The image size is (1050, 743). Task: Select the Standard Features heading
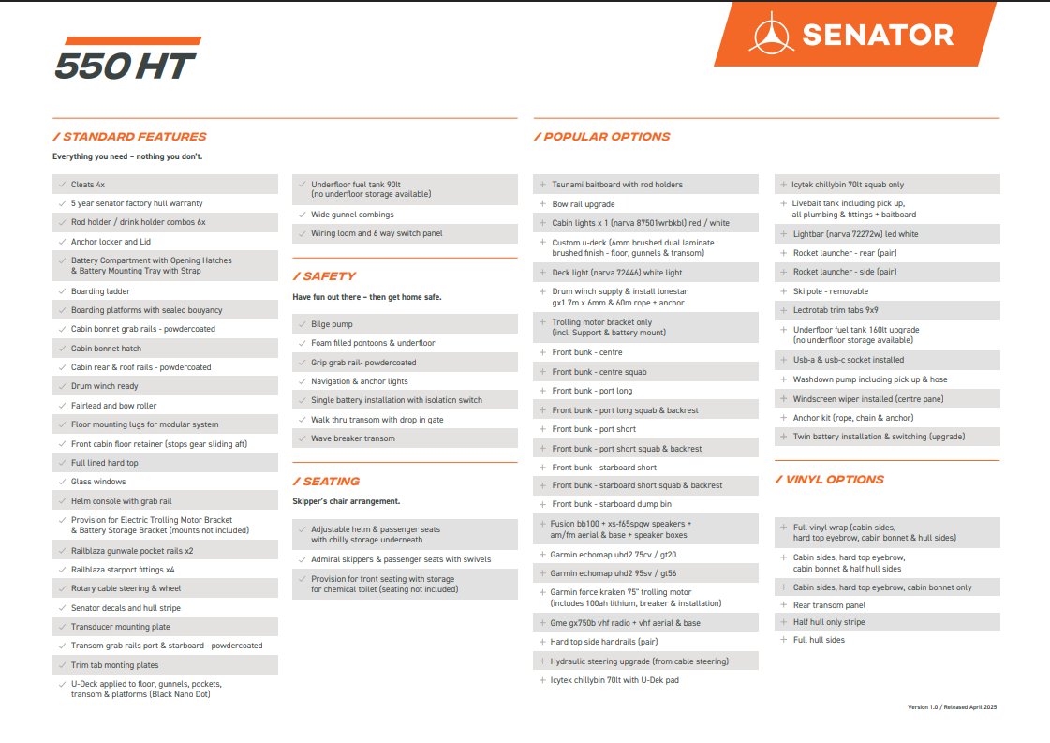pos(130,137)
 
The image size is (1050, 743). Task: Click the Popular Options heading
pos(602,137)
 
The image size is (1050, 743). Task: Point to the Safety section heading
pos(324,276)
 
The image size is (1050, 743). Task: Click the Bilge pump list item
pos(332,324)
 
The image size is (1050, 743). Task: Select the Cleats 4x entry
pos(88,185)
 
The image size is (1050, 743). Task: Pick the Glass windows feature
pos(98,482)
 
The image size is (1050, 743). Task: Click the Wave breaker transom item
pos(353,438)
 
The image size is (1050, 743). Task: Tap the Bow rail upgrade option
pos(584,204)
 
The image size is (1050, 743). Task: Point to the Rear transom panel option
pos(829,605)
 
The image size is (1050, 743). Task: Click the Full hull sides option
pos(819,640)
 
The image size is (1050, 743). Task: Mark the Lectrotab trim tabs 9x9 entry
pos(836,310)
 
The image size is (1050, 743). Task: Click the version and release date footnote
pos(952,706)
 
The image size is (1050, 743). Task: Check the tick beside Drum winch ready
pos(61,386)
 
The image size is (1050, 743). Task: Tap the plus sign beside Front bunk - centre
pos(542,352)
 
